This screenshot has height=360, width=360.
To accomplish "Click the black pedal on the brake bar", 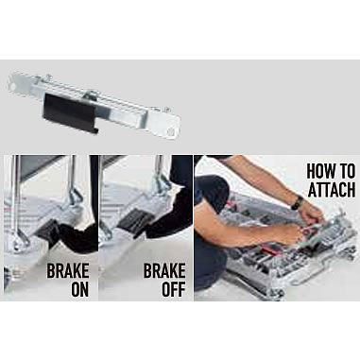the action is tap(70, 111).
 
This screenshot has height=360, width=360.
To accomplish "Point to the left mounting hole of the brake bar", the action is tap(12, 86).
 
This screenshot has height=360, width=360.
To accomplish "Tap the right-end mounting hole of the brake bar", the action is tap(171, 131).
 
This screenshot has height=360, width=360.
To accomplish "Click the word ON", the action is tap(80, 289).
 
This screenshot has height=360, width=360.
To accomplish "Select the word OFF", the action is tap(174, 289).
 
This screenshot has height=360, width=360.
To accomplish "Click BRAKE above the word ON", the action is tap(68, 270).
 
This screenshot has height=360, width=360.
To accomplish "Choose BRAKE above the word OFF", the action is tap(164, 270).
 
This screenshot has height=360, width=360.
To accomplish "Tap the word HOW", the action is tap(320, 171).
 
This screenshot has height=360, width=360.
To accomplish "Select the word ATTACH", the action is tap(332, 189).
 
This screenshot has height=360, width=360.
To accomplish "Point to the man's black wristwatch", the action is tap(297, 203).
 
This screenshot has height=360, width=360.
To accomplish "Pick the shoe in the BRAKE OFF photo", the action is tap(168, 217).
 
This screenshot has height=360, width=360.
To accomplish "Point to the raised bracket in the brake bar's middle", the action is tap(92, 95).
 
